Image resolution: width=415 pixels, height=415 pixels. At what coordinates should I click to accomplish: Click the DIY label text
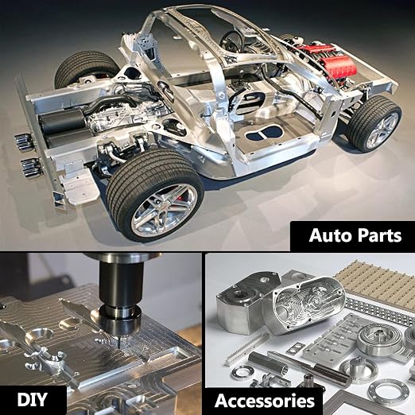point(33,399)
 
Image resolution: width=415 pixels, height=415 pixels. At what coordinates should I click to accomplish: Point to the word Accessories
point(265,401)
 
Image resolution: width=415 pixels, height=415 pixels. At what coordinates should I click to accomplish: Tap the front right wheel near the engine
point(374,124)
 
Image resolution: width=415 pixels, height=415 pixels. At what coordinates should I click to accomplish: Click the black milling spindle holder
point(121,295)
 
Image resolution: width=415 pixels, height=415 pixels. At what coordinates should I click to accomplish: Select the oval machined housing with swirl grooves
point(308,308)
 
